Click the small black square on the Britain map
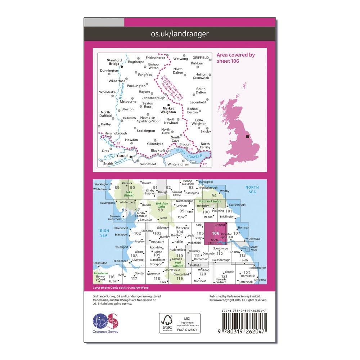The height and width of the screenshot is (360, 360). click(x=247, y=137)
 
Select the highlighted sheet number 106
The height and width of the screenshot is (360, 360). click(x=216, y=233)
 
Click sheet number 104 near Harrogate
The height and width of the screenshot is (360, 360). click(x=180, y=232)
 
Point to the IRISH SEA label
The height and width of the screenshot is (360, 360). click(x=104, y=233)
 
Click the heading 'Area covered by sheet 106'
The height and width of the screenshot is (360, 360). click(x=236, y=58)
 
